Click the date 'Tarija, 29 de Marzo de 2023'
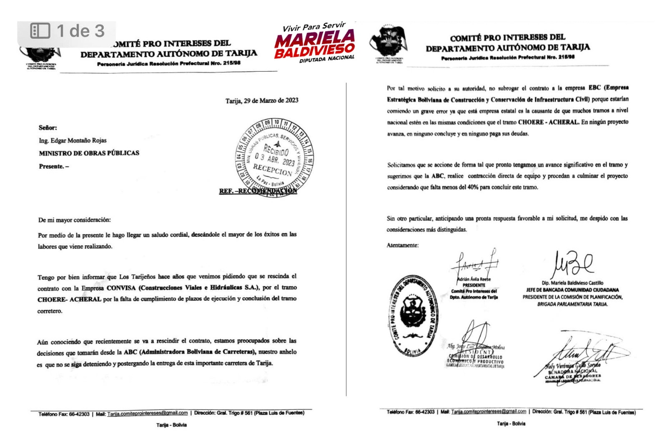(262, 100)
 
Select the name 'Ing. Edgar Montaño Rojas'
(73, 140)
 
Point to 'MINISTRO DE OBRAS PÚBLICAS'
(89, 153)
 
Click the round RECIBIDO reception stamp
(274, 158)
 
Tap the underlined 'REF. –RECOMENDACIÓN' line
(258, 191)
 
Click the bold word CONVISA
(121, 288)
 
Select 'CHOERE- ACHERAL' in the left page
(69, 299)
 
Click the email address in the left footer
(148, 413)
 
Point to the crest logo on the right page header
(389, 43)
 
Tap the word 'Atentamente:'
(402, 246)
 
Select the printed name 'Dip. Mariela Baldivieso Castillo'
(572, 283)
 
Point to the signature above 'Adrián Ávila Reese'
(475, 263)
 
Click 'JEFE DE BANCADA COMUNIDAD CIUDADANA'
(572, 290)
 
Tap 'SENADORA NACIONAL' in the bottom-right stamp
(573, 371)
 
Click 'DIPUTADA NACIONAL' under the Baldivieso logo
(326, 59)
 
